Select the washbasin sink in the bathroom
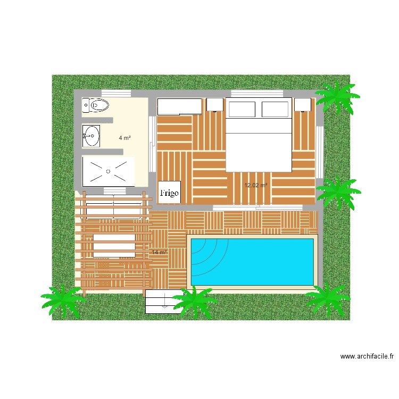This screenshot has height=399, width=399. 91,136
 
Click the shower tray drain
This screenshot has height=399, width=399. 108,171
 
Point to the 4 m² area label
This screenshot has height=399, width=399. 125,138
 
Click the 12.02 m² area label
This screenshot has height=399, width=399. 255,186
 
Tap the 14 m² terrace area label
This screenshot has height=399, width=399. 160,252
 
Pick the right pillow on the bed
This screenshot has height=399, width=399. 275,109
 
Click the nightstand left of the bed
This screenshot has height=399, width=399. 214,105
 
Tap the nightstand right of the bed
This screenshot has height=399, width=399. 303,105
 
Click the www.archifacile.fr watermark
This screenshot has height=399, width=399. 367,357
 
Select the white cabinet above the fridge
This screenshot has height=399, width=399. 180,106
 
